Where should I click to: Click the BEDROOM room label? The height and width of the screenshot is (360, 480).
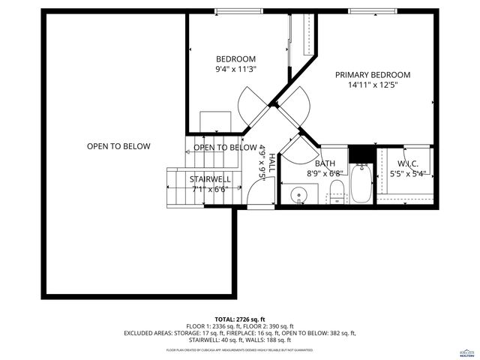(x=236, y=59)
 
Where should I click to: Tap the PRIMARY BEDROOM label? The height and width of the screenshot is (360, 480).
(x=373, y=75)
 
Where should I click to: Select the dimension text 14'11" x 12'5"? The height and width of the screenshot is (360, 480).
(x=373, y=85)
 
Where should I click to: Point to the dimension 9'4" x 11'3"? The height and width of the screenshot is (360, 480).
(x=236, y=69)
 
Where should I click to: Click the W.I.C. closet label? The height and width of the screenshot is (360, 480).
(x=408, y=163)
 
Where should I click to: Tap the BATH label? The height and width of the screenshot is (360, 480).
(x=325, y=163)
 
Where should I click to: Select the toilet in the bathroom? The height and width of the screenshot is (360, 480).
(x=337, y=192)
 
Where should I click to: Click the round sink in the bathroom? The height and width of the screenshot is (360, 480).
(x=301, y=198)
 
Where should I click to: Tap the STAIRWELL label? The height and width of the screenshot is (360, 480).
(x=209, y=179)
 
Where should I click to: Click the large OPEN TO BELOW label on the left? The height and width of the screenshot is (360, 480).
(x=118, y=146)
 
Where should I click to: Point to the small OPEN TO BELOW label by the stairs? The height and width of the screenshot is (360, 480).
(x=225, y=148)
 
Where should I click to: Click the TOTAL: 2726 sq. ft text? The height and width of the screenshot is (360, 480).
(x=240, y=319)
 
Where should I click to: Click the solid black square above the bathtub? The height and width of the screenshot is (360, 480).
(x=361, y=153)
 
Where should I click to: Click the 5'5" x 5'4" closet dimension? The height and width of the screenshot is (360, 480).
(x=408, y=174)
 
